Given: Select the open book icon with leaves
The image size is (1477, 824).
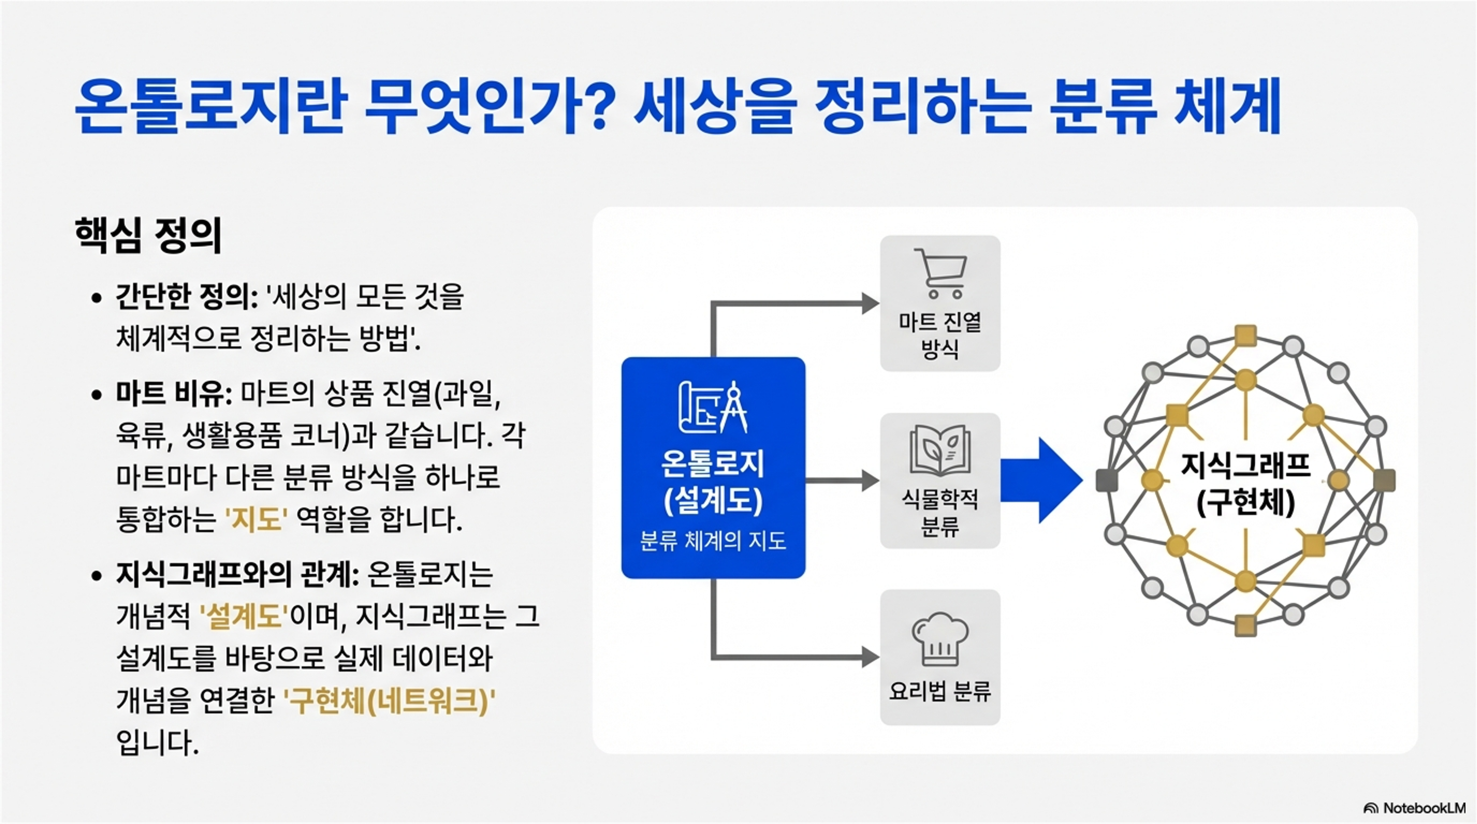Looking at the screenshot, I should point(940,450).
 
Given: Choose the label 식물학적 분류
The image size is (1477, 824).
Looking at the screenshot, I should point(940,512).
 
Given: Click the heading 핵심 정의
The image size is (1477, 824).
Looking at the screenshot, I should point(148,235).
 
